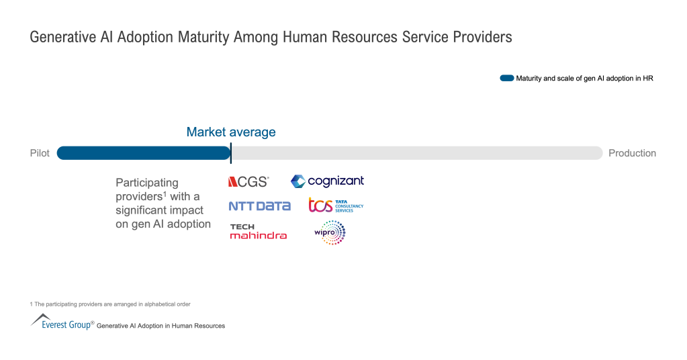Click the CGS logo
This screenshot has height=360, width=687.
click(248, 182)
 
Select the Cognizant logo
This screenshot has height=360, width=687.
click(327, 181)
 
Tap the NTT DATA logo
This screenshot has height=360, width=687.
click(259, 206)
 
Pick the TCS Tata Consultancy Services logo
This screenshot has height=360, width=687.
click(335, 205)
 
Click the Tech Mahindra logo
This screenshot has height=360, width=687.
click(258, 231)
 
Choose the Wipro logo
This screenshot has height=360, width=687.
click(330, 232)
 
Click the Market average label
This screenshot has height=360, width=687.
click(231, 132)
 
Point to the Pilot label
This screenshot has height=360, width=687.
click(40, 153)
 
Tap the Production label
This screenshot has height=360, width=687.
click(632, 153)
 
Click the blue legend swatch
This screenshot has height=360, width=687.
click(506, 79)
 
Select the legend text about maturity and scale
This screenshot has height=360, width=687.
click(584, 79)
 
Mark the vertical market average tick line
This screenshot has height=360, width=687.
click(231, 152)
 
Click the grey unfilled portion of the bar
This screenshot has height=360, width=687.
click(416, 153)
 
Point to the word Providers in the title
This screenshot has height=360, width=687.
click(483, 38)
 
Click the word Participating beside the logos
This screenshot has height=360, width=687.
click(147, 183)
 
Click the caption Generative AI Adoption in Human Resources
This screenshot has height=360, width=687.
click(161, 326)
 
